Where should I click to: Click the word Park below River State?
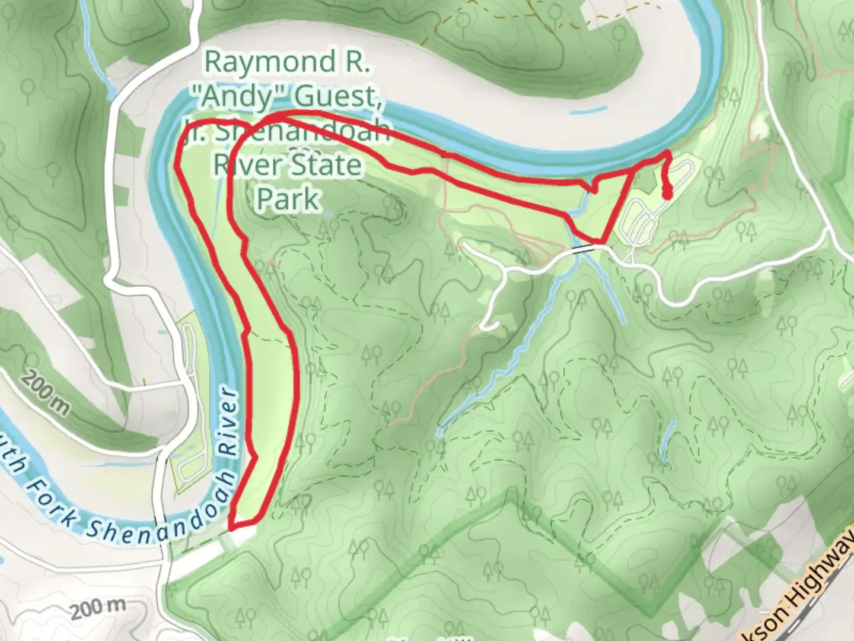pyautogui.click(x=288, y=198)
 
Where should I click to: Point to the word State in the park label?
pyautogui.click(x=328, y=164)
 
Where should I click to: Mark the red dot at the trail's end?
pyautogui.click(x=667, y=193)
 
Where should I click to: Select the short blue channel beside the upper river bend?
pyautogui.click(x=588, y=110)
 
